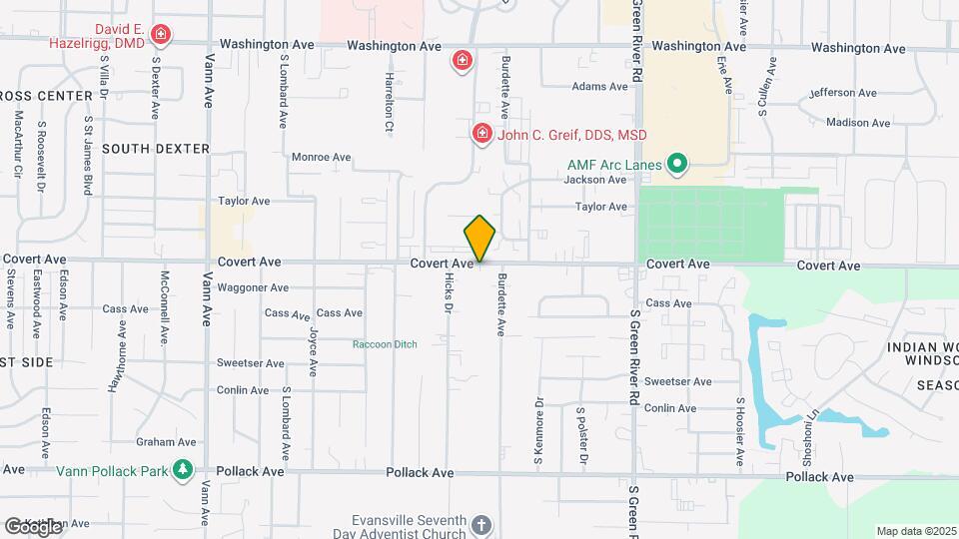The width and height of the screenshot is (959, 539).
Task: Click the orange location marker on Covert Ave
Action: pos(480,239)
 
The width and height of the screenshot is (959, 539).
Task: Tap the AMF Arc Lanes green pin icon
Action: pos(677,162)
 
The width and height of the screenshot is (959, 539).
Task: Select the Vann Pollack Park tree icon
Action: pos(182,469)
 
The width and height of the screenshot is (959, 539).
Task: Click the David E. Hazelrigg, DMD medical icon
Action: pos(160,37)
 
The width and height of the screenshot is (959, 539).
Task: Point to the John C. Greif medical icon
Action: pos(481,133)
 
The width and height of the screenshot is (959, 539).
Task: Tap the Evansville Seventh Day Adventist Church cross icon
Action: pos(480,525)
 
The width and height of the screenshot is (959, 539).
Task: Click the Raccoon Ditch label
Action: pos(385,344)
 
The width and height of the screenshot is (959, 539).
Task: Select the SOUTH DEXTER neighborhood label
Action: pos(156,149)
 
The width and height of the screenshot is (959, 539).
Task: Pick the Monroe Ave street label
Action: pos(321,157)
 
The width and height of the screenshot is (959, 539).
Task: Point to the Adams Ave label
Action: pos(599,87)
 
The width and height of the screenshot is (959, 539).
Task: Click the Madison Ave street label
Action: pos(858,123)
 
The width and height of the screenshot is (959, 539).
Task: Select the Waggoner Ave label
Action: pos(254,287)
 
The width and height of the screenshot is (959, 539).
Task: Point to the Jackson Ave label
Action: pos(594,180)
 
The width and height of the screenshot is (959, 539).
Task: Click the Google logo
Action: pos(33,526)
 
